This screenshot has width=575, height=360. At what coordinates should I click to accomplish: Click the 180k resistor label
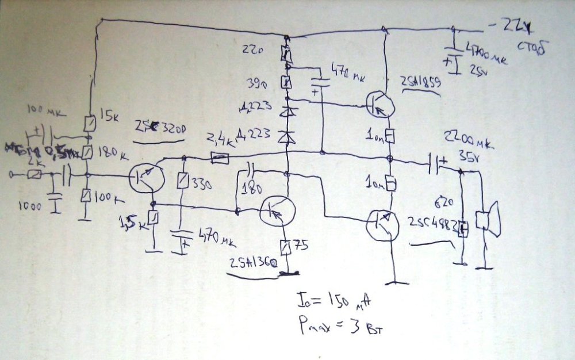[112, 154]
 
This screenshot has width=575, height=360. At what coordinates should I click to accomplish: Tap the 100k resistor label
[110, 197]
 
